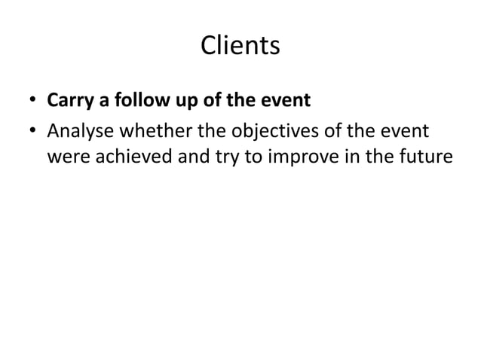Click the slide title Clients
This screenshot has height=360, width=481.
click(240, 46)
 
